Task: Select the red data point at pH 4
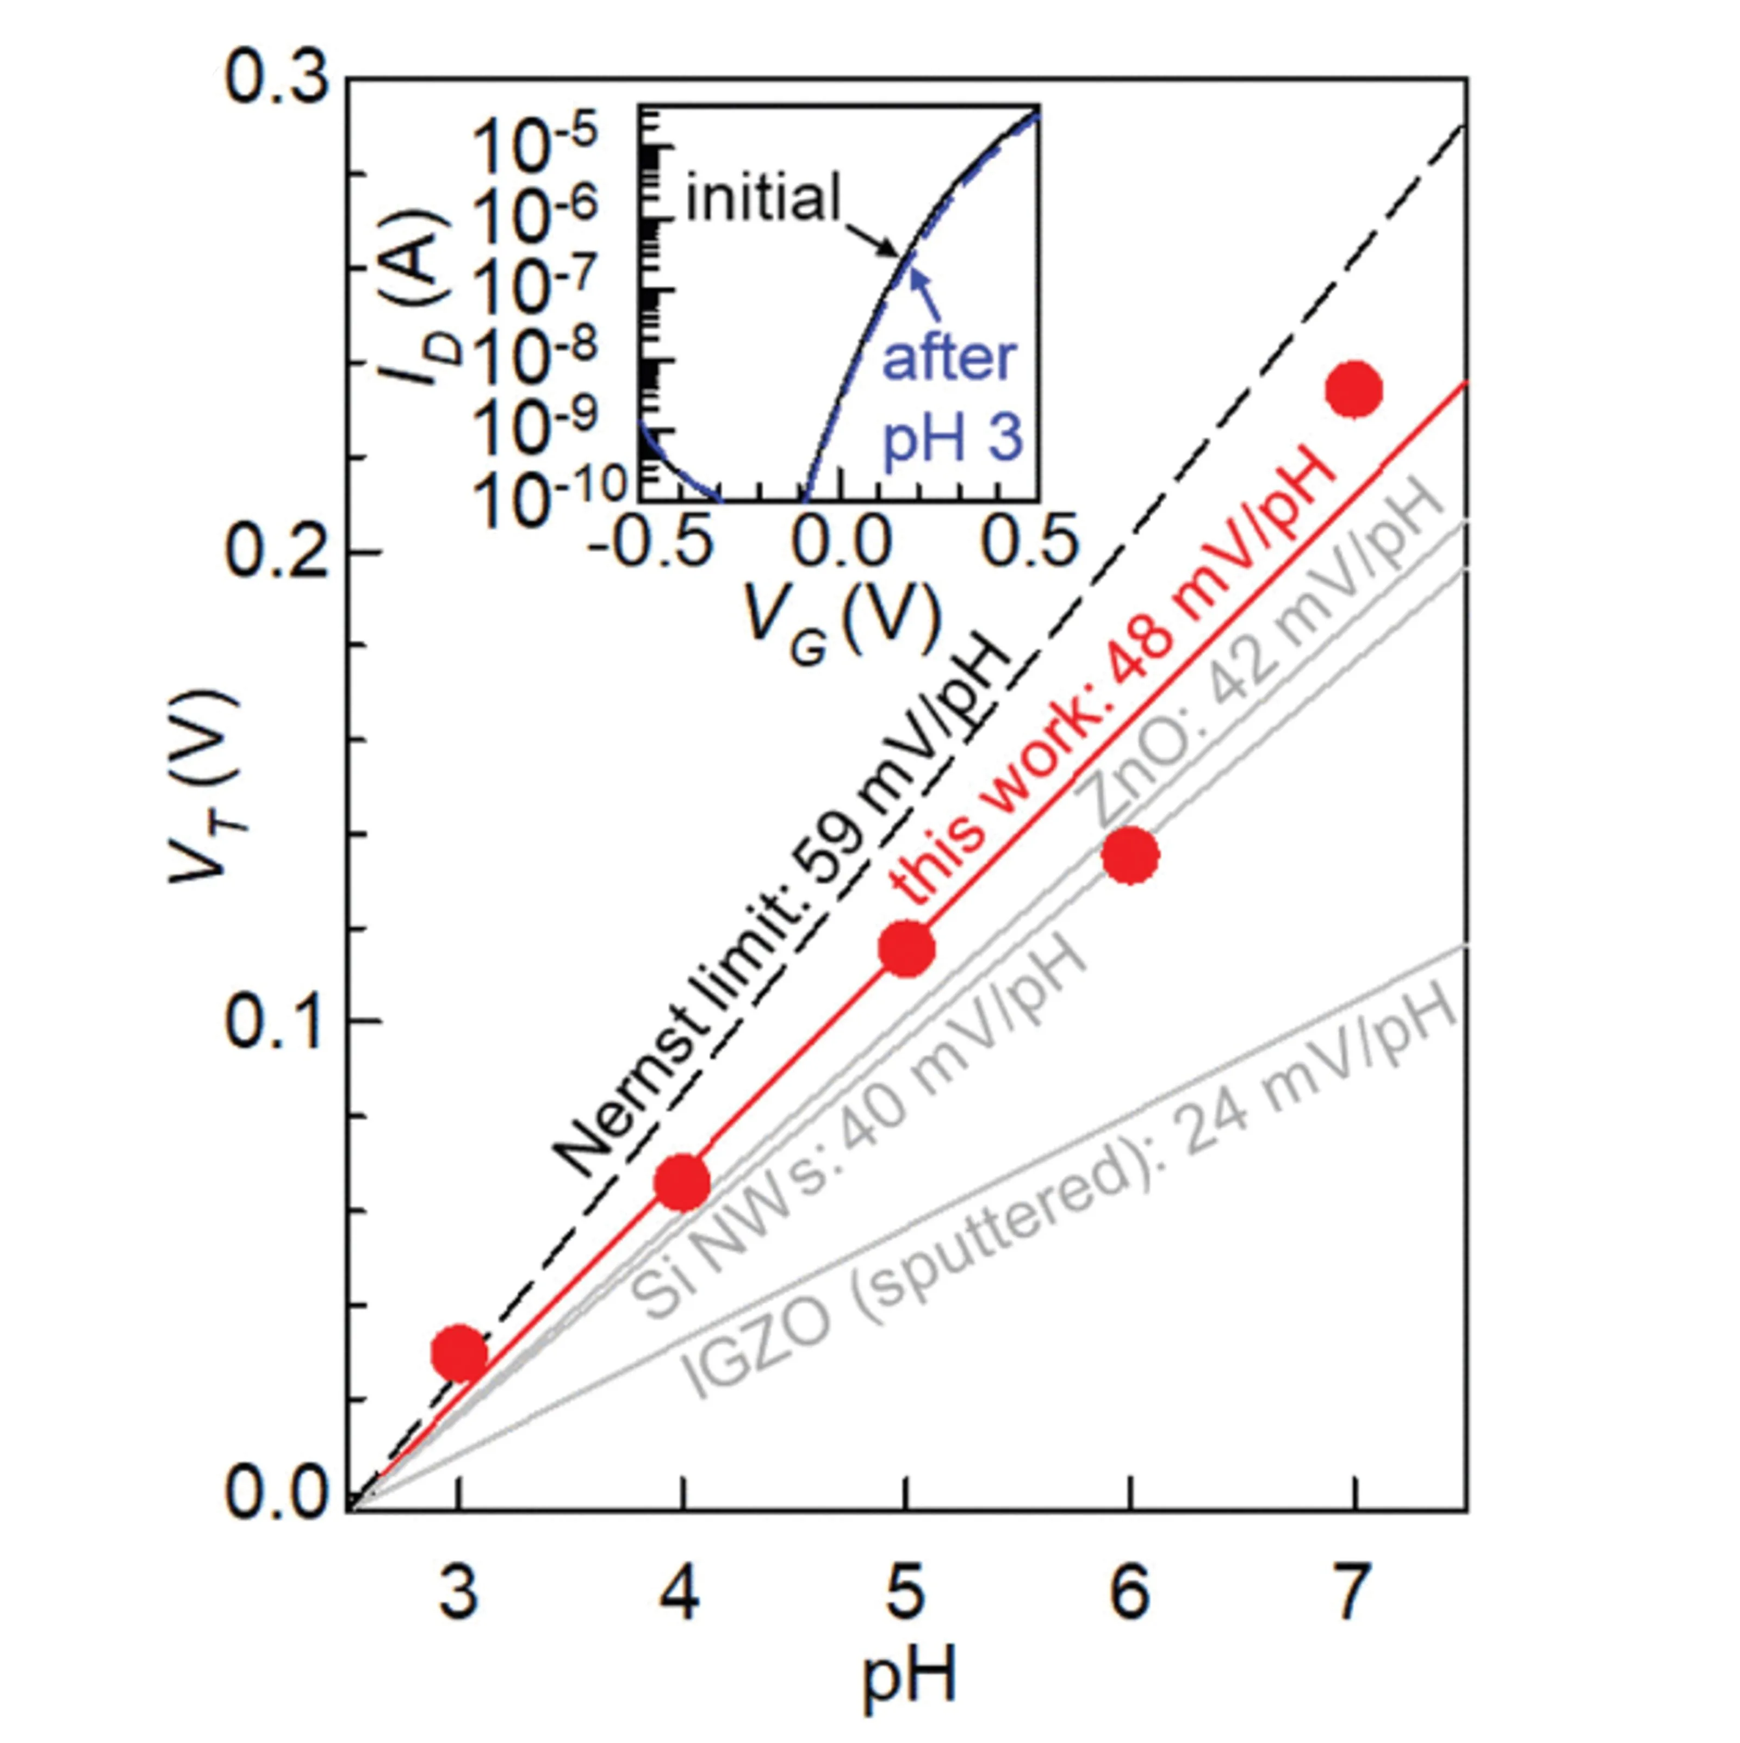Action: coord(683,1183)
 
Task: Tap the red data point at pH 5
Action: coord(906,949)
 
